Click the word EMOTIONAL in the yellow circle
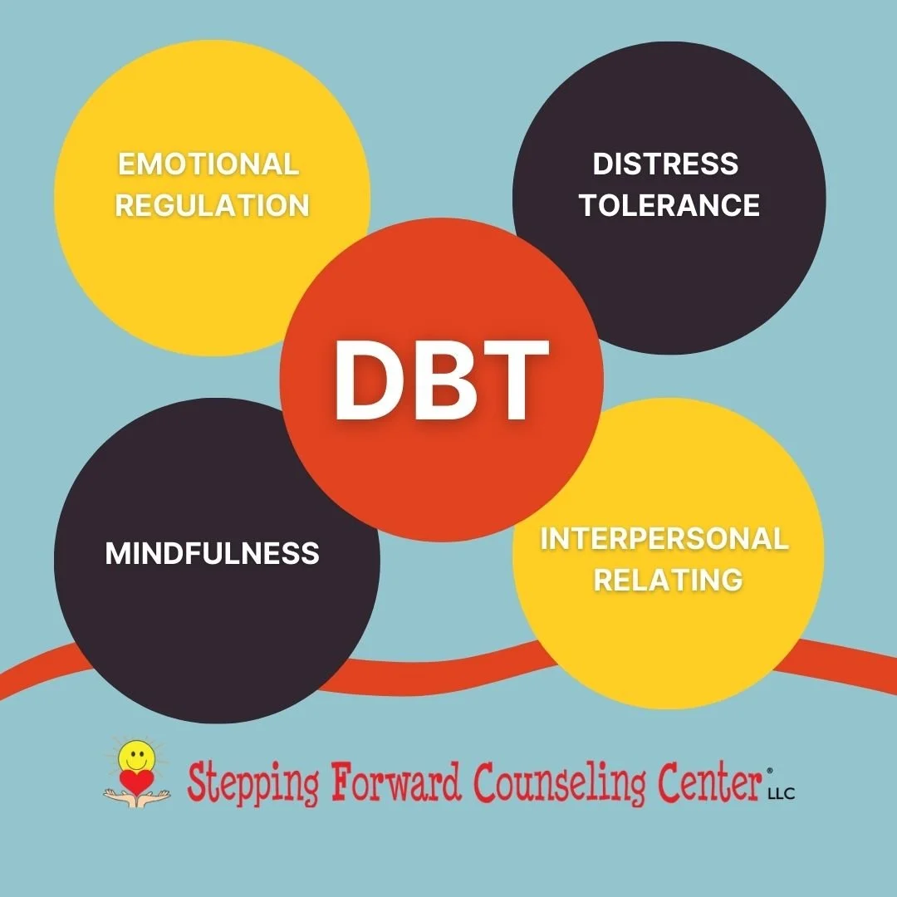point(208,164)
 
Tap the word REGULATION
point(212,204)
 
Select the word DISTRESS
point(665,164)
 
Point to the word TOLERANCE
point(669,204)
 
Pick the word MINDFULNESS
point(213,553)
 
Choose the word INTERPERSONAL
point(664,539)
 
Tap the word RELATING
point(668,579)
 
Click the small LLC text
point(782,794)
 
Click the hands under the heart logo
point(136,797)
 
